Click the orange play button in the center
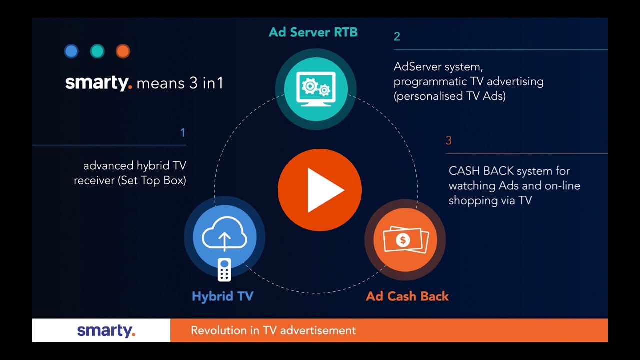pyautogui.click(x=320, y=190)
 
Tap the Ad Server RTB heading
pyautogui.click(x=313, y=32)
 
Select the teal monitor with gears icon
pyautogui.click(x=315, y=88)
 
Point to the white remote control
pyautogui.click(x=224, y=270)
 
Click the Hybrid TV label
pyautogui.click(x=223, y=296)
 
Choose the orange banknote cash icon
pyautogui.click(x=405, y=240)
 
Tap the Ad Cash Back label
pyautogui.click(x=407, y=296)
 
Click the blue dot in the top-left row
pyautogui.click(x=71, y=51)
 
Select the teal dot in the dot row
pyautogui.click(x=97, y=51)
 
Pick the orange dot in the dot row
pyautogui.click(x=123, y=51)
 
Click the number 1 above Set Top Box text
pyautogui.click(x=183, y=133)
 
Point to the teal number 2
pyautogui.click(x=397, y=36)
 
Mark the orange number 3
pyautogui.click(x=448, y=141)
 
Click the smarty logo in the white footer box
pyautogui.click(x=106, y=331)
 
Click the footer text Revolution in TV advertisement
pyautogui.click(x=273, y=330)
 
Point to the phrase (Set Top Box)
pyautogui.click(x=152, y=180)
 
